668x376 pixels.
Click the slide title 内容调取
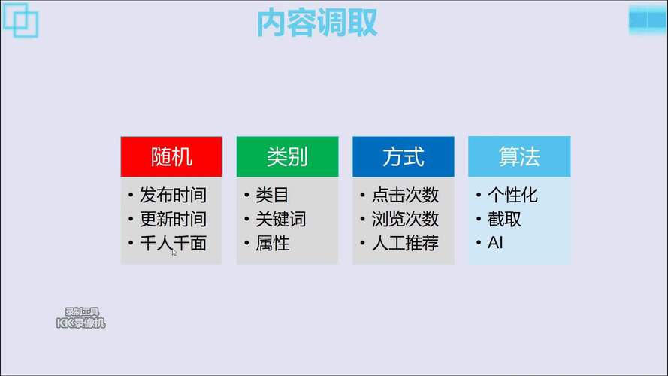(316, 23)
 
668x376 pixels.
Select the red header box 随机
(171, 156)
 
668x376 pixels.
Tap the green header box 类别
(287, 156)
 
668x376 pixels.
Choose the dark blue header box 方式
(404, 156)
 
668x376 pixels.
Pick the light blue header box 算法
(519, 156)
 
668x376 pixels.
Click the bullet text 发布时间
(173, 196)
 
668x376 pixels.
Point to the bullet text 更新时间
(173, 220)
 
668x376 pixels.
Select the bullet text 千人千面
(173, 244)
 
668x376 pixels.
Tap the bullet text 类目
(272, 196)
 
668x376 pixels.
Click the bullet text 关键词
(280, 220)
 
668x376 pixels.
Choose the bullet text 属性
(272, 244)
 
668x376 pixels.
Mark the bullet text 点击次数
(405, 196)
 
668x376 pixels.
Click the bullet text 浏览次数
(405, 220)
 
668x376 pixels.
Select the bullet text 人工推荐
(405, 244)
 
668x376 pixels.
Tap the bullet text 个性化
(512, 196)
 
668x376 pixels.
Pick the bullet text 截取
(504, 220)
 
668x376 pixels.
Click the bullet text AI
(495, 244)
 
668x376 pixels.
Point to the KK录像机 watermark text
(81, 323)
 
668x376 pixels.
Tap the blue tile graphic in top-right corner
(648, 19)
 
